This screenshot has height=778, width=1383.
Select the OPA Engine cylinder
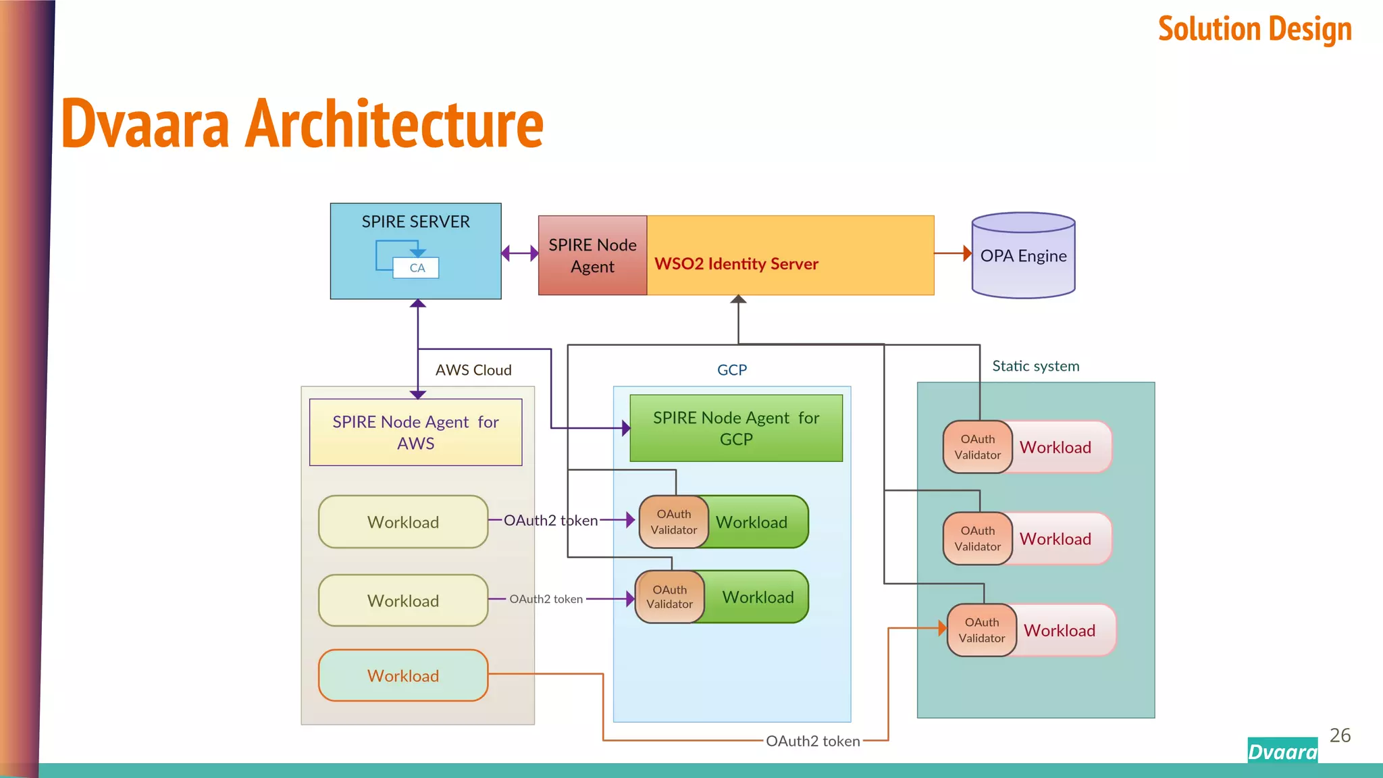click(1023, 256)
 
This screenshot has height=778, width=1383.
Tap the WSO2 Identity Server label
click(736, 264)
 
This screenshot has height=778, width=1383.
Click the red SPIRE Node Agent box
click(592, 255)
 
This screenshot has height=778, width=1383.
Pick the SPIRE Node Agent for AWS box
click(415, 432)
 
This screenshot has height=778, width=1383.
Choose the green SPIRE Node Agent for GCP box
click(736, 428)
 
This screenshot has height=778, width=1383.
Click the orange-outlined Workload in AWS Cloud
click(403, 675)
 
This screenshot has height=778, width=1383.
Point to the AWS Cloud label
click(473, 370)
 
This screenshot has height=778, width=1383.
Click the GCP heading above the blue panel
click(732, 370)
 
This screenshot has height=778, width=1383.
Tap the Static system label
click(1035, 366)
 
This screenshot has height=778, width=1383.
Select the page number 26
click(1340, 735)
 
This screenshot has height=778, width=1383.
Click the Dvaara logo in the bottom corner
click(1282, 751)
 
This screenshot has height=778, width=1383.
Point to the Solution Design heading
click(1255, 30)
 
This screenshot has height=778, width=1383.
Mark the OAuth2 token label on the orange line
click(812, 741)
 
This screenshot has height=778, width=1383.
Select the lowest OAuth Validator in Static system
click(981, 630)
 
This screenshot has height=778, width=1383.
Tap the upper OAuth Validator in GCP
click(673, 522)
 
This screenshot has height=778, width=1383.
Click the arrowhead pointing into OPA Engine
click(967, 253)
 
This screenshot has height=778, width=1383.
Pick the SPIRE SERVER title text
click(415, 222)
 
